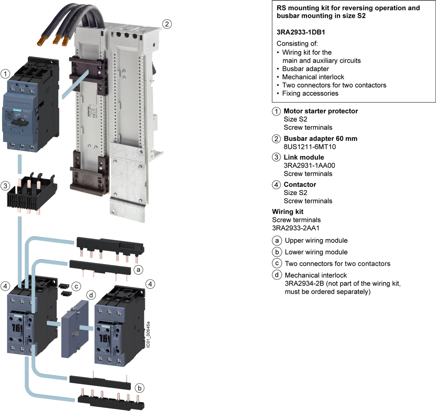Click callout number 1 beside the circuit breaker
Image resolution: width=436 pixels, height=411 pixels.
click(x=6, y=74)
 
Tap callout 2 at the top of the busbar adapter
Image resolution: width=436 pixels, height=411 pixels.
click(x=166, y=24)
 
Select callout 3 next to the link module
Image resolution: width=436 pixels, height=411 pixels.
click(x=6, y=186)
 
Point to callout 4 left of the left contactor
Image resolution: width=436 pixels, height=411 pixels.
click(x=6, y=286)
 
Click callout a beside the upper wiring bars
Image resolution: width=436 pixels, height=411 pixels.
click(x=138, y=270)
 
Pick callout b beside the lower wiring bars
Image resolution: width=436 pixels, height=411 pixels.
click(x=139, y=387)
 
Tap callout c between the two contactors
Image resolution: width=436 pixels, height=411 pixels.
click(x=76, y=286)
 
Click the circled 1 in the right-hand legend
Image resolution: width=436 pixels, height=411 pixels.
click(x=276, y=111)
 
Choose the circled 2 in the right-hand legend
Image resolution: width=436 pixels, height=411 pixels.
click(x=276, y=139)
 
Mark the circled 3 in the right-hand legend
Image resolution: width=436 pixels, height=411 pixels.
click(x=276, y=157)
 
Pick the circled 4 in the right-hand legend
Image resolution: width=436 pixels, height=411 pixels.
click(x=276, y=185)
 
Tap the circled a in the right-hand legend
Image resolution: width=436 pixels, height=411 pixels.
click(x=276, y=240)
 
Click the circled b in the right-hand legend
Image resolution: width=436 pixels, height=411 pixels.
click(x=276, y=252)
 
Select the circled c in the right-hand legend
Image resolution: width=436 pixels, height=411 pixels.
click(x=276, y=263)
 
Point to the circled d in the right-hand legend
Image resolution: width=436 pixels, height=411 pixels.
click(x=276, y=275)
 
